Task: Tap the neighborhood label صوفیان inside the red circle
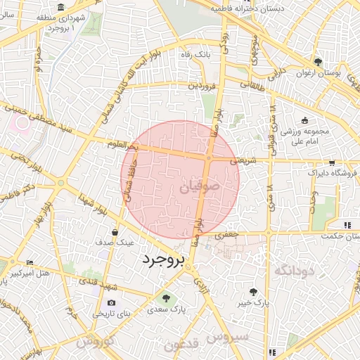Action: click(x=185, y=188)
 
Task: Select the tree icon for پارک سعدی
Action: click(x=166, y=298)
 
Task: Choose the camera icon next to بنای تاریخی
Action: click(x=112, y=302)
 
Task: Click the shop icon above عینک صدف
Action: click(x=115, y=231)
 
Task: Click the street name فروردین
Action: click(x=203, y=85)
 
